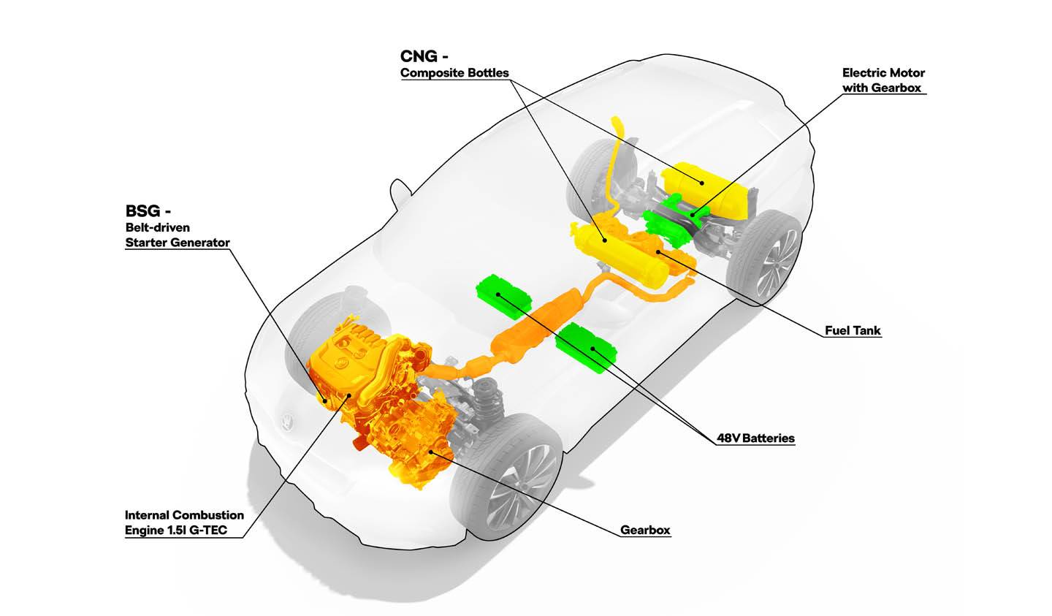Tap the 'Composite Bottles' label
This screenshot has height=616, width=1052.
pos(454,73)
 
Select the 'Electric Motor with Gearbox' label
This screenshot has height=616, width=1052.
pos(883,80)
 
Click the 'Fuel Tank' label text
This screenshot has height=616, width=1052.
pos(853,330)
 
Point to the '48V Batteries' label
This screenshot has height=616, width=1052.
pos(755,438)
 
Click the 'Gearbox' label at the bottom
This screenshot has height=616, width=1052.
pos(645,530)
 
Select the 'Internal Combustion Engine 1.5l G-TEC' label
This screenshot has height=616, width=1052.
pos(184,522)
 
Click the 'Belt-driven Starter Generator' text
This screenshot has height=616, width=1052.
pos(178,235)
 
